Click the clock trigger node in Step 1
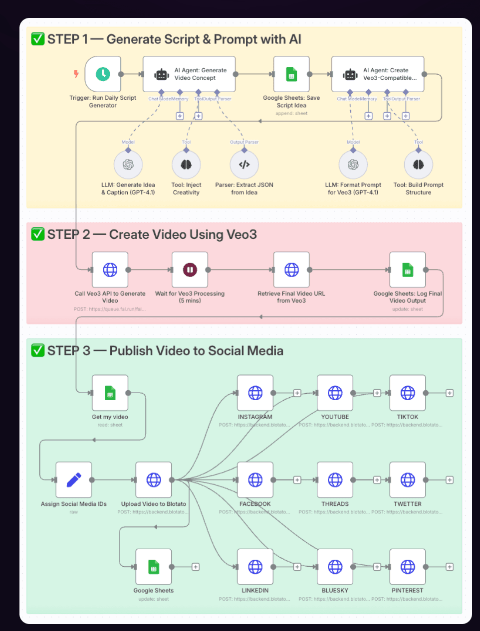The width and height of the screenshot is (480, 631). point(103,74)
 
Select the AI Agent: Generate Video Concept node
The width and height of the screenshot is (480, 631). point(189,74)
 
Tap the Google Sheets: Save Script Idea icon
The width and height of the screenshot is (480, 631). point(291,74)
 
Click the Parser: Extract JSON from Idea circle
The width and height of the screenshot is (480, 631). point(244,164)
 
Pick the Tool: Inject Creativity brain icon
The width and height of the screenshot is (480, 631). point(186,164)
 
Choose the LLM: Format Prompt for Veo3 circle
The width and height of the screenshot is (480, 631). point(353,164)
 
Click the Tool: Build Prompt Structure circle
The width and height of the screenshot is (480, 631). point(418,164)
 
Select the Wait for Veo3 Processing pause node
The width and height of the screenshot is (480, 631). point(190,270)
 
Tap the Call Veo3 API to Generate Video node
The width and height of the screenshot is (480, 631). point(110,270)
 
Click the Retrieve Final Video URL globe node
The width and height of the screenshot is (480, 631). point(291,270)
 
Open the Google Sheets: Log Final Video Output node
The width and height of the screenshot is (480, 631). point(408,270)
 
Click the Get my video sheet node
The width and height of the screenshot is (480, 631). point(110,393)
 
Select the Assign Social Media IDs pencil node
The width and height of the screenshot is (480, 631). point(74,480)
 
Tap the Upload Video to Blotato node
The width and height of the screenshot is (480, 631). point(154,480)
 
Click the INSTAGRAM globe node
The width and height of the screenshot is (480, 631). point(255,393)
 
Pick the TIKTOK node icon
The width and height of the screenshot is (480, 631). point(408,393)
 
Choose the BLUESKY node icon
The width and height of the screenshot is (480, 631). point(335,567)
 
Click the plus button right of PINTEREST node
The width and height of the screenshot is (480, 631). point(450,567)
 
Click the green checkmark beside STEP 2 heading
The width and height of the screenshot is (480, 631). point(38,234)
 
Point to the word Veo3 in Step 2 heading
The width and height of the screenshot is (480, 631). point(241,235)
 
